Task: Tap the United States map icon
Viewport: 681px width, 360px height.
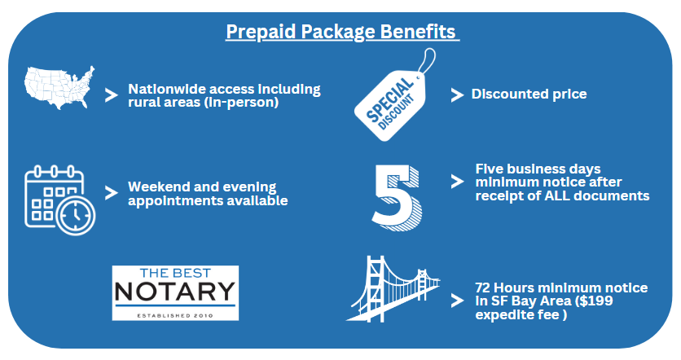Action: [x=59, y=87]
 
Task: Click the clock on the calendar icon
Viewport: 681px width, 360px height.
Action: [x=76, y=214]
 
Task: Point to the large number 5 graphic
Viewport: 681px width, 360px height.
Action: [x=397, y=198]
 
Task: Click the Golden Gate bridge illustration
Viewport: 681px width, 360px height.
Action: [x=393, y=289]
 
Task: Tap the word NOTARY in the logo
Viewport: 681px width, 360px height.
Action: [x=175, y=292]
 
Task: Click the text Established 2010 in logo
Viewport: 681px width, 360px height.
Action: [x=175, y=315]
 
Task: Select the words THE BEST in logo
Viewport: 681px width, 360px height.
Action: [x=175, y=273]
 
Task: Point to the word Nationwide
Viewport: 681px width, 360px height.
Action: [x=168, y=89]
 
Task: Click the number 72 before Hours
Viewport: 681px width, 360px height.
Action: [x=482, y=288]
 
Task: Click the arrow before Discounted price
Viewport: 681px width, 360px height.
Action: [x=457, y=95]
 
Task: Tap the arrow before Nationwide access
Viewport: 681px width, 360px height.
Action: [x=112, y=95]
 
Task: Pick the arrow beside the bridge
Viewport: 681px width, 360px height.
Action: [x=457, y=301]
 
